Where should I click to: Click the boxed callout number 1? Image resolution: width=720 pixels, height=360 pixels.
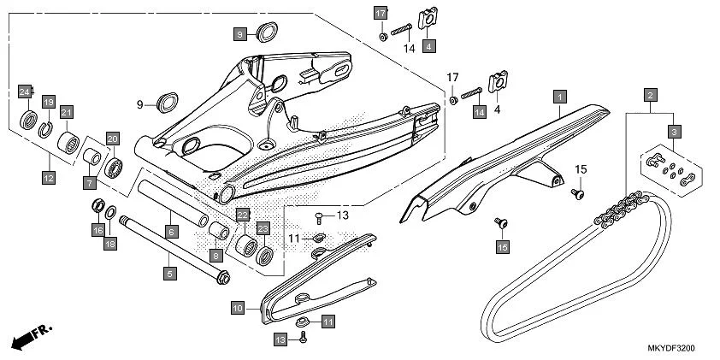[x=558, y=97]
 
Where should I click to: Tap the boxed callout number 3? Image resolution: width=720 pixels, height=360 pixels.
[x=675, y=132]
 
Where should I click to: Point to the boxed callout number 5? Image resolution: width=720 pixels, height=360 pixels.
[x=169, y=274]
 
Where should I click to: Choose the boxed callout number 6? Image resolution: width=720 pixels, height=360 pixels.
[x=171, y=232]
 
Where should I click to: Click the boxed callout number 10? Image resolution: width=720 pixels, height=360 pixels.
[x=239, y=306]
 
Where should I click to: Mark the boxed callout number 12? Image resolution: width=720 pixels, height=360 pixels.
[x=48, y=178]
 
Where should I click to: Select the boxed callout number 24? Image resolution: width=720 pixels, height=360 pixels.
[x=26, y=91]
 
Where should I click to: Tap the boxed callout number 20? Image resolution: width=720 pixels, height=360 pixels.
[x=112, y=138]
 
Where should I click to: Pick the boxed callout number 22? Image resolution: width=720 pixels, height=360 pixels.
[x=243, y=215]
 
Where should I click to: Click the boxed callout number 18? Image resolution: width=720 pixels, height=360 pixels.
[x=109, y=245]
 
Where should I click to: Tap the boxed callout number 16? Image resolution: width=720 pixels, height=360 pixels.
[x=97, y=231]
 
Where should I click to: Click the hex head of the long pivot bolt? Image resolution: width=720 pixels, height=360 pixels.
[x=222, y=277]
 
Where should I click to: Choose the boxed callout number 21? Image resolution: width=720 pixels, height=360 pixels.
[x=66, y=111]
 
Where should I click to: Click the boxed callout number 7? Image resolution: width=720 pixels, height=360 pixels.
[x=90, y=182]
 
